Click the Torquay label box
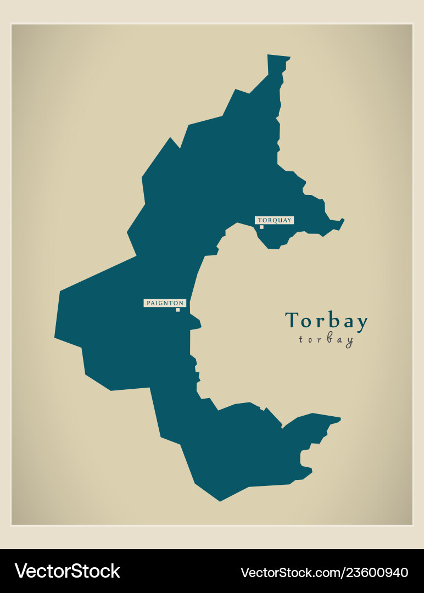(275, 220)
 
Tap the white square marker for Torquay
(261, 227)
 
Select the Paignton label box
(165, 303)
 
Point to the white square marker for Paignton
(177, 310)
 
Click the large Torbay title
(326, 322)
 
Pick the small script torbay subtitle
(326, 340)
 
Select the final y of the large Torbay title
(361, 324)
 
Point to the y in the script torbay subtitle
(349, 342)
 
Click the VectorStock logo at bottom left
(67, 571)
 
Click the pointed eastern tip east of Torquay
(344, 220)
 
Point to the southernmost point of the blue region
(220, 501)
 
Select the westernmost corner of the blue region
(55, 337)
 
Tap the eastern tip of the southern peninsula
(340, 419)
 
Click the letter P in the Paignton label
(148, 303)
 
